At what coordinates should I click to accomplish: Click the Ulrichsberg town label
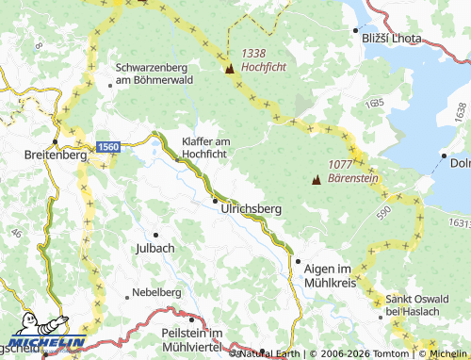251,209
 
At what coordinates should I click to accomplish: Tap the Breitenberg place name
56,155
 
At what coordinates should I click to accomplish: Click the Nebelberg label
156,292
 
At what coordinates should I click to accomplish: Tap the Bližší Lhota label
391,38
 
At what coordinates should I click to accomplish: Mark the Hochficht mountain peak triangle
229,68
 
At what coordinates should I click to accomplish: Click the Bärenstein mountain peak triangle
316,180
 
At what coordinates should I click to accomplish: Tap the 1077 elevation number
340,164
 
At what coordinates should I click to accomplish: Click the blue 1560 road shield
108,147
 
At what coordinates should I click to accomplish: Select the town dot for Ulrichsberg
216,200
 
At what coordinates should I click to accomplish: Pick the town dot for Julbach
156,234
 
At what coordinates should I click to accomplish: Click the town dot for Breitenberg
56,142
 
